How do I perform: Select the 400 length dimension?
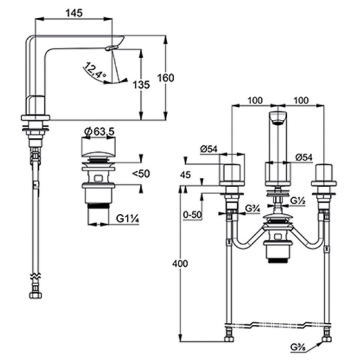click(x=181, y=264)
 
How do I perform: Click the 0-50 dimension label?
click(x=193, y=214)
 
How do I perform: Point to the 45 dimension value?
click(x=187, y=175)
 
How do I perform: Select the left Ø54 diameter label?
click(x=209, y=149)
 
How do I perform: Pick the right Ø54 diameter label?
click(x=304, y=157)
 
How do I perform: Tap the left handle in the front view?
click(x=232, y=175)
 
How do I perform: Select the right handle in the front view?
click(x=324, y=175)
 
